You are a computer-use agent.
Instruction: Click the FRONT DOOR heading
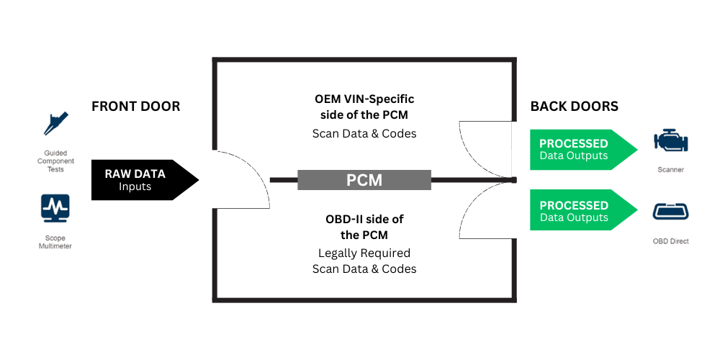click(135, 107)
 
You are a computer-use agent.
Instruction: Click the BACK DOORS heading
click(574, 107)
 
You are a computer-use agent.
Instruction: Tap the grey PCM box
click(364, 179)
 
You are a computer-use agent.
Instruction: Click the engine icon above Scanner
click(670, 141)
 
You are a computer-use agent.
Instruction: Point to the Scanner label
click(670, 171)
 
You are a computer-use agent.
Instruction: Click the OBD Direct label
click(670, 241)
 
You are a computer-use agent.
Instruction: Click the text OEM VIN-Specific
click(364, 99)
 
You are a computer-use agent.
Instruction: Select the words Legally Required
click(364, 253)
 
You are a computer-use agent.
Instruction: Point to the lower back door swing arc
click(475, 216)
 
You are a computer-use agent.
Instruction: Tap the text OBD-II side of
click(364, 218)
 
